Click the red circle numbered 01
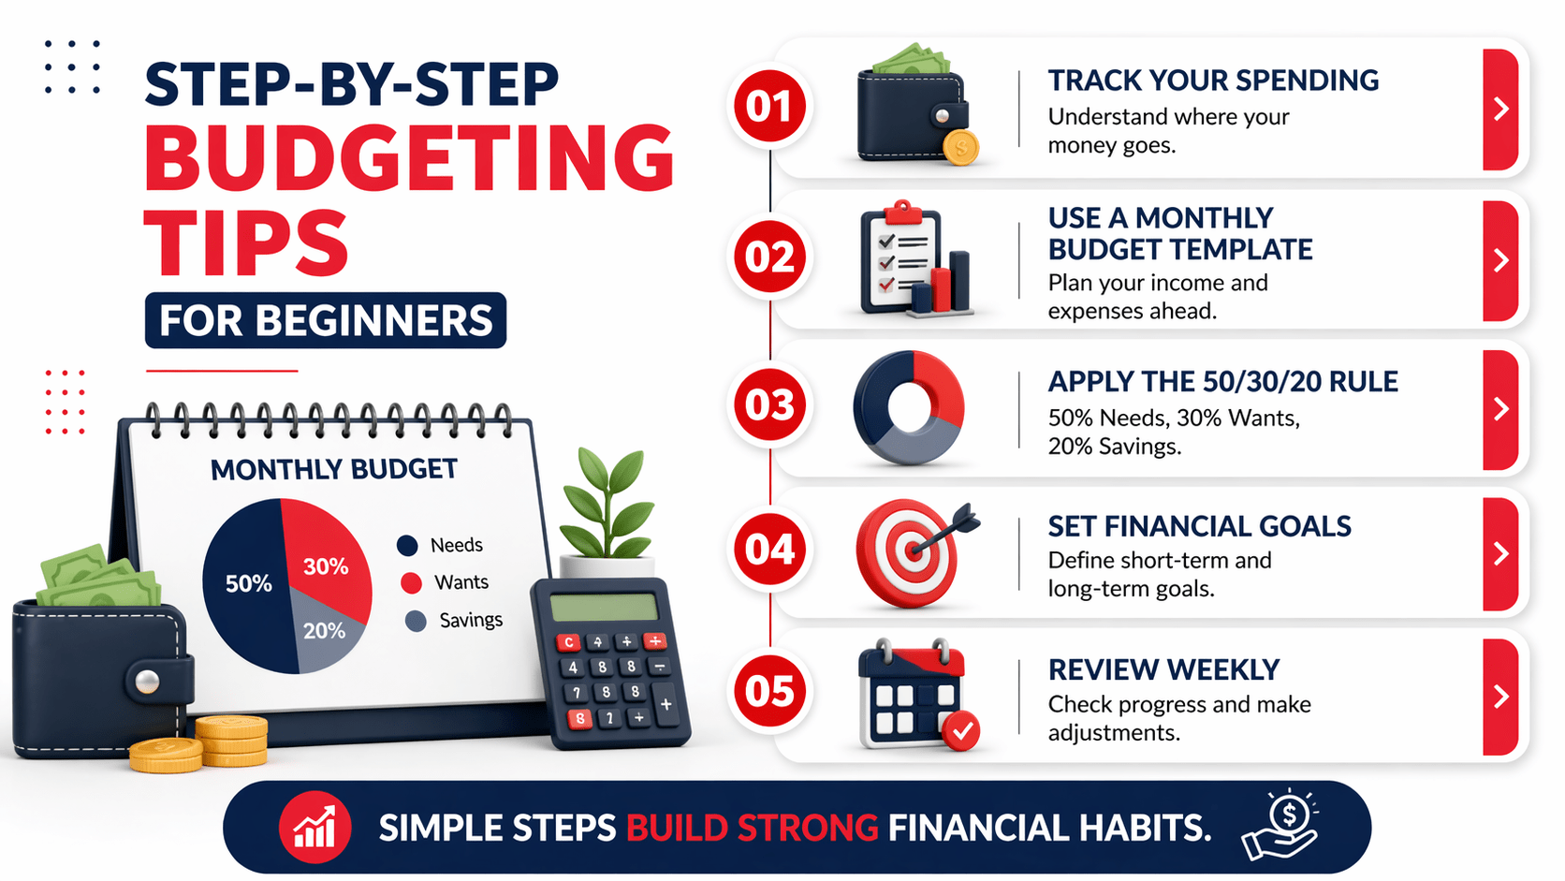pos(769,106)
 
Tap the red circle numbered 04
pos(769,550)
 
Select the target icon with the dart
pos(913,552)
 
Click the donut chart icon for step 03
pos(909,408)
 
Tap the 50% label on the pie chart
pos(248,584)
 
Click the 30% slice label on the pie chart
pos(326,566)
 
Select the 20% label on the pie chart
pos(324,631)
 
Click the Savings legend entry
pos(459,620)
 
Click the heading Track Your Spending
pos(1213,81)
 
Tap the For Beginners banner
pos(326,320)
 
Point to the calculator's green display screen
pos(604,607)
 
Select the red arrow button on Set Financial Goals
pos(1500,553)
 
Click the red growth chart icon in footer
pos(314,828)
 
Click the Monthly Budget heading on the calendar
pos(334,469)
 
